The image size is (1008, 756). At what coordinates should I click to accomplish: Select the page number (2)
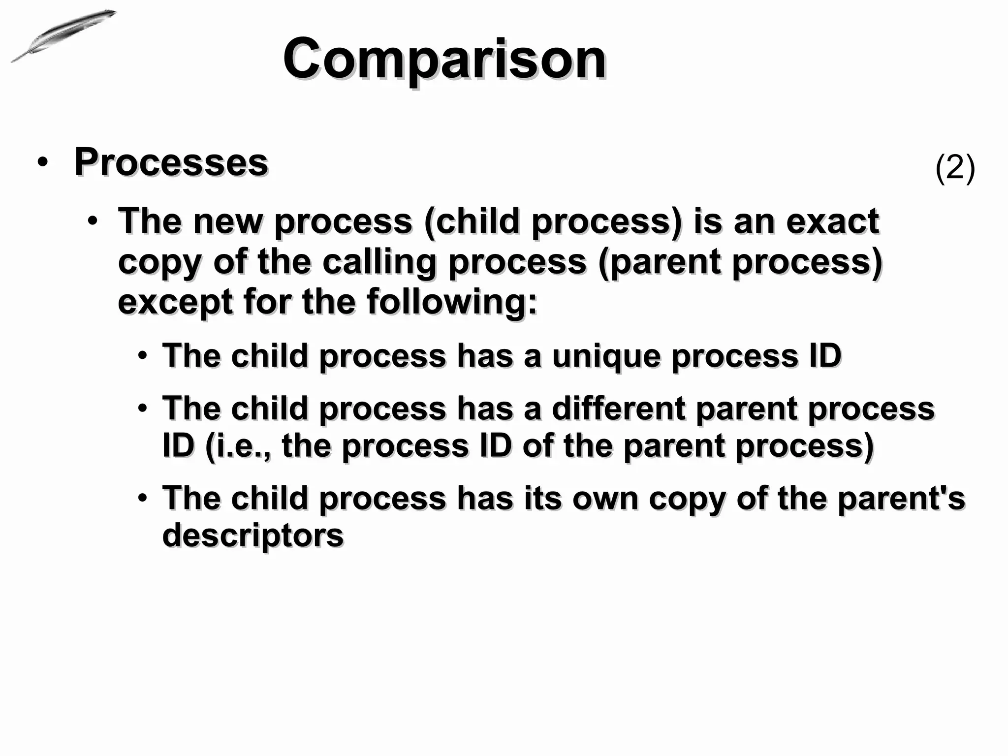954,168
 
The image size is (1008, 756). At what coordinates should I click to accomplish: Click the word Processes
171,162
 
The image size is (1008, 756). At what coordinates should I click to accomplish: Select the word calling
379,262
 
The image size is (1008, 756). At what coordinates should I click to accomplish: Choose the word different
619,409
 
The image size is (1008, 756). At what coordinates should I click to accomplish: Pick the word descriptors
252,535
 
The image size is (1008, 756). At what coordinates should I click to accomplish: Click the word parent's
901,499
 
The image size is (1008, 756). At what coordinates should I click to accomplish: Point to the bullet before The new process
93,221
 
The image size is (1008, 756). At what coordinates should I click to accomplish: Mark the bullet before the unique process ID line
142,355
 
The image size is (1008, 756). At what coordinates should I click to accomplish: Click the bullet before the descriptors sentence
142,498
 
